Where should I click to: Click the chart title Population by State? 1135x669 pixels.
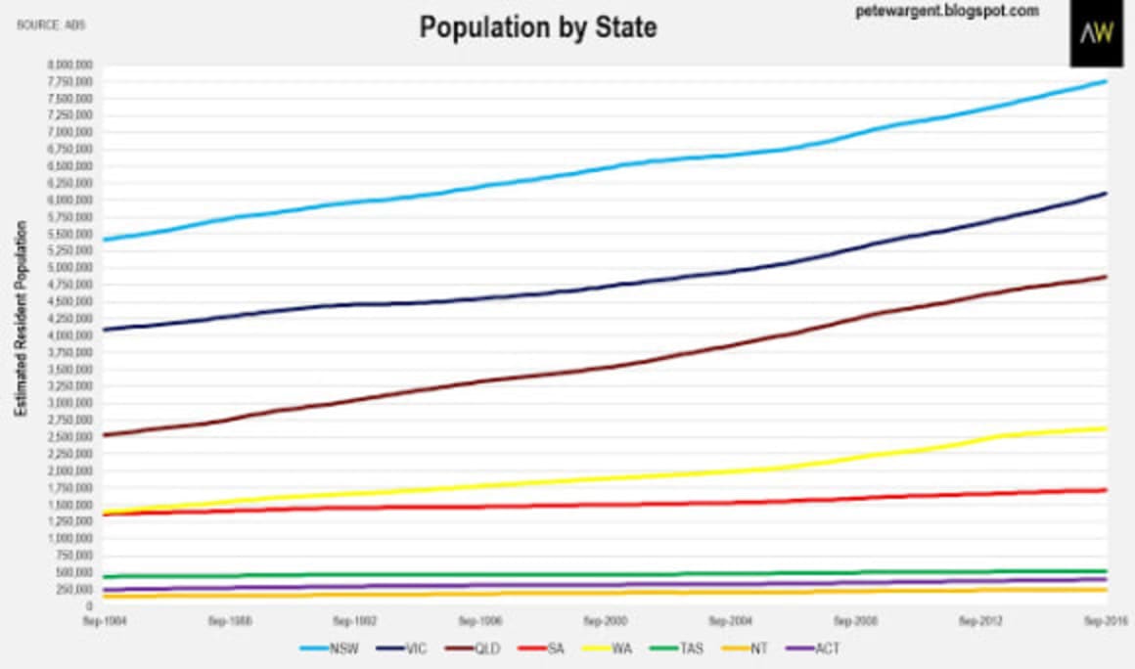tap(538, 27)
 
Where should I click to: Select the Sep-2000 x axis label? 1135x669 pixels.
tap(604, 620)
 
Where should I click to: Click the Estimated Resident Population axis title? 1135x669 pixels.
tap(20, 333)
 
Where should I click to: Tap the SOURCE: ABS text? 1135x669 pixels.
tap(51, 24)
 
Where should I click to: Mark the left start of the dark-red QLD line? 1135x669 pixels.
tap(104, 434)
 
